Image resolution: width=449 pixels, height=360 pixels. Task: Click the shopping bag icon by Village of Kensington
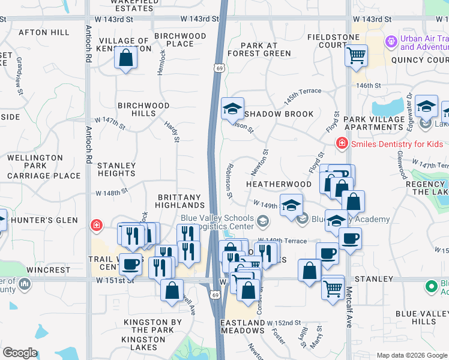click(126, 58)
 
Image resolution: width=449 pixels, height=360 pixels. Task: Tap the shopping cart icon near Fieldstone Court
click(357, 56)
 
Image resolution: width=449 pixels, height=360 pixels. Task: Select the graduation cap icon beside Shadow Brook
click(232, 109)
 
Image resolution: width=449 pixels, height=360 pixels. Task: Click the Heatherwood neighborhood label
click(279, 184)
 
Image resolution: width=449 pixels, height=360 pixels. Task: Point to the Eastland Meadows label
click(243, 326)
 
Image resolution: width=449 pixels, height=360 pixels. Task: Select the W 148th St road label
click(112, 193)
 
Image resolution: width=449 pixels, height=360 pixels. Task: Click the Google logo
click(20, 353)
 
